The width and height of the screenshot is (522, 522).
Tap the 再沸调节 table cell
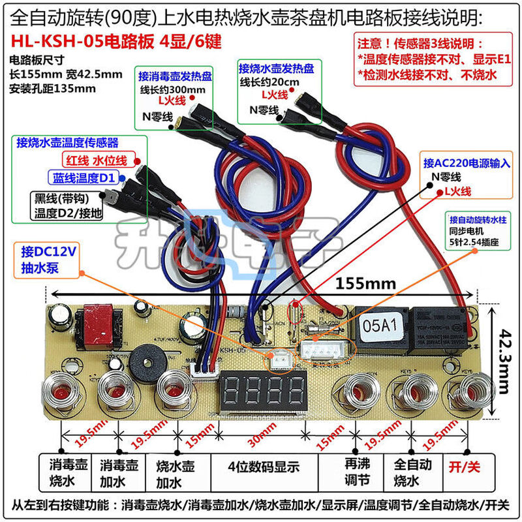[352, 474]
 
